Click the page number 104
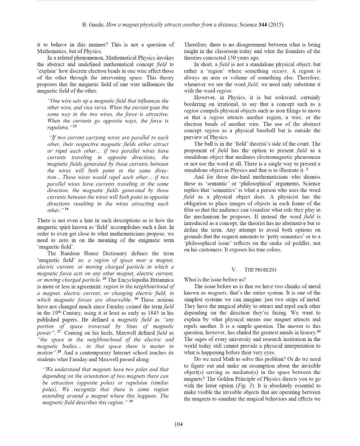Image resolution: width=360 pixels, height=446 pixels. pyautogui.click(x=178, y=424)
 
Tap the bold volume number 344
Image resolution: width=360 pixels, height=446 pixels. pyautogui.click(x=263, y=25)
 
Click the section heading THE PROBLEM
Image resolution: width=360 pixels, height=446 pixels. pyautogui.click(x=260, y=270)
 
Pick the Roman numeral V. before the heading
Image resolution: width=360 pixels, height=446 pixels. pyautogui.click(x=234, y=270)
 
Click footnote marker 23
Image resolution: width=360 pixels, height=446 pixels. pyautogui.click(x=75, y=126)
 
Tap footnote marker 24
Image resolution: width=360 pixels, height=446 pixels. pyautogui.click(x=66, y=209)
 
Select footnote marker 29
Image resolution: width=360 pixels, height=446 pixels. pyautogui.click(x=131, y=401)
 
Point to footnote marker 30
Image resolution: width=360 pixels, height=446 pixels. pyautogui.click(x=318, y=332)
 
